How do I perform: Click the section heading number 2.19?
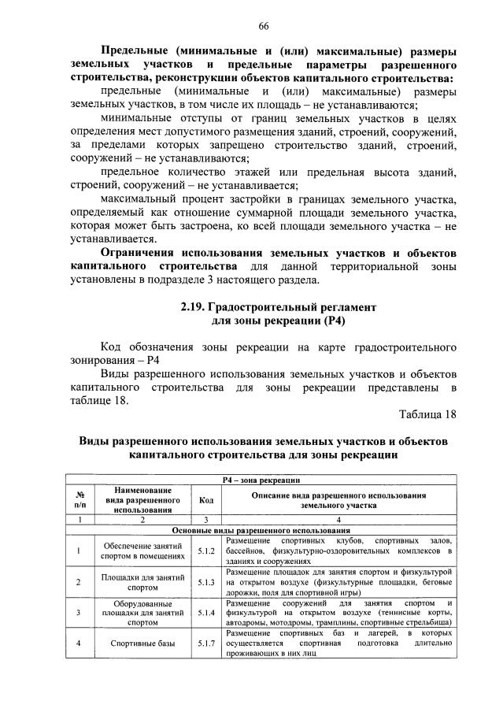coord(194,306)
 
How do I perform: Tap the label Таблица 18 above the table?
coord(427,414)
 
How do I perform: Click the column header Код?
coord(206,499)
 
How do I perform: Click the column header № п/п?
coord(79,499)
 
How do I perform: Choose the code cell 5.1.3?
coord(206,582)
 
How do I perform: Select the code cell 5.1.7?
coord(206,643)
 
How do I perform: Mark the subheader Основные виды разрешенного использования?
coord(262,530)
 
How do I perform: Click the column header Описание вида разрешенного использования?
coord(338,499)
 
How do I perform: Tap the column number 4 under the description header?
coord(338,520)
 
